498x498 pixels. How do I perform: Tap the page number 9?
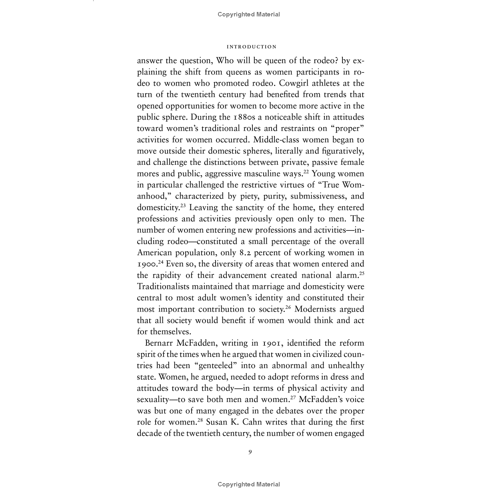click(250, 452)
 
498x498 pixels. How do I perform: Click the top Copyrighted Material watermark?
click(249, 14)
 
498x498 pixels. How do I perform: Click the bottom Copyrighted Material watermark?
click(249, 484)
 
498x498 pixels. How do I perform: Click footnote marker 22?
click(306, 172)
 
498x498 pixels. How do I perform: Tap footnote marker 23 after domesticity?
click(183, 206)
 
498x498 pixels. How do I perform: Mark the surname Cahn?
click(252, 422)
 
